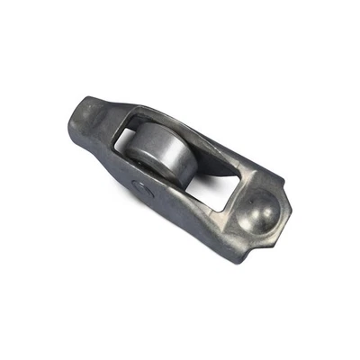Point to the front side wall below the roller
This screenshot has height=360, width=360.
coord(171,202)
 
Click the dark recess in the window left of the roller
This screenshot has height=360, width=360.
coord(129,144)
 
